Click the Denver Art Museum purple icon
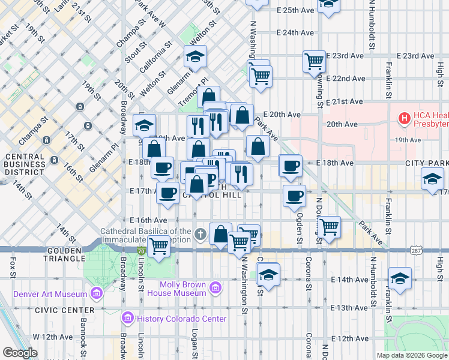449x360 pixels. coord(95,293)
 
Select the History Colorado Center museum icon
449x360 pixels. coord(127,317)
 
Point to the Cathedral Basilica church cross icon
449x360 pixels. coord(200,233)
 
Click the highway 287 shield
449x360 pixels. coord(415,248)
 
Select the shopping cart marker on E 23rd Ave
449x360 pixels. coord(315,61)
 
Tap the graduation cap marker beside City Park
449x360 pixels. coord(432,179)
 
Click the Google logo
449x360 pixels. coord(20,353)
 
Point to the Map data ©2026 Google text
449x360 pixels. coord(411,355)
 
